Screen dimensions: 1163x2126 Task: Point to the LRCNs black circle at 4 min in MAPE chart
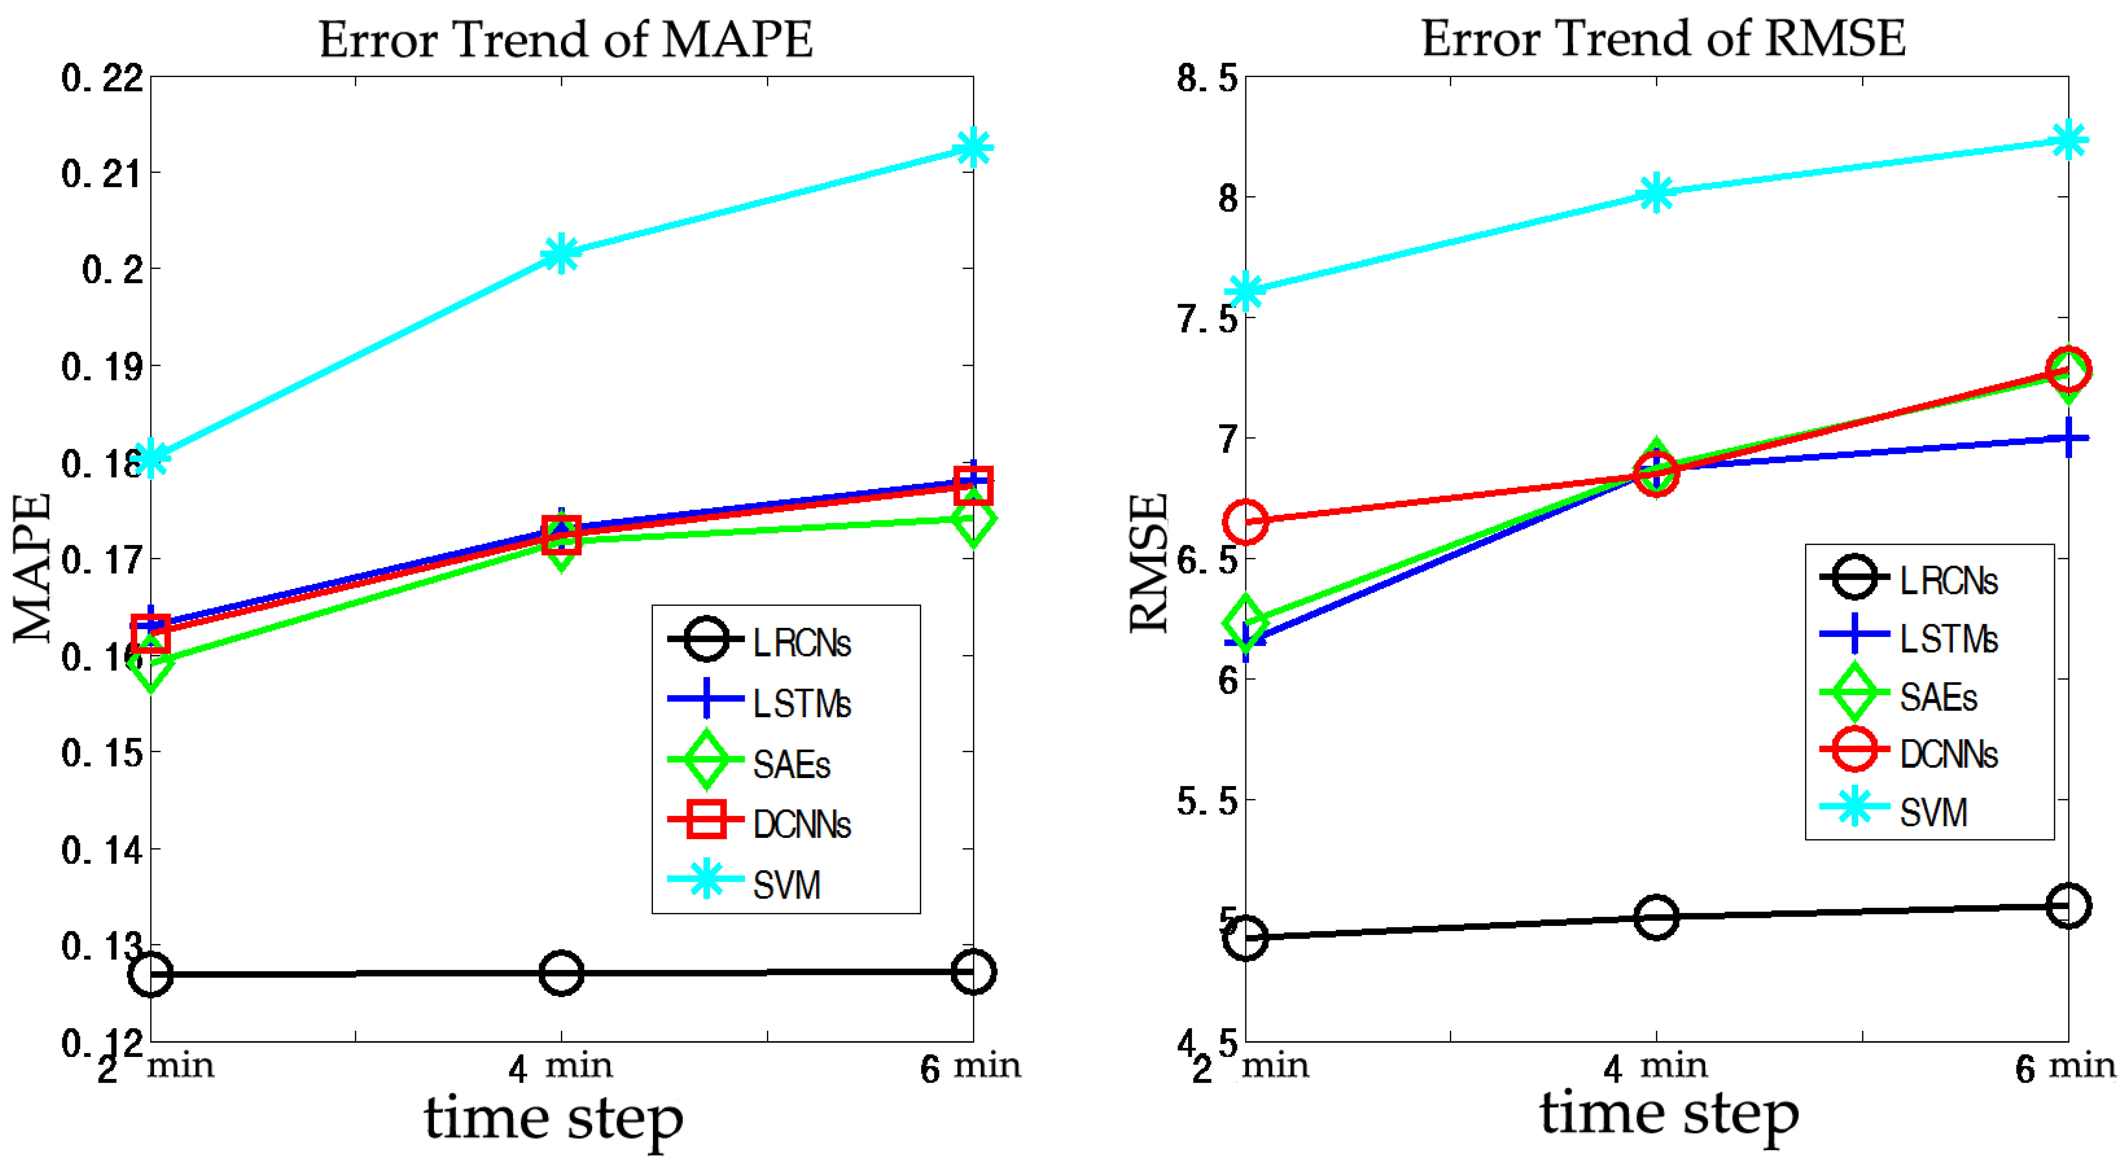click(x=561, y=973)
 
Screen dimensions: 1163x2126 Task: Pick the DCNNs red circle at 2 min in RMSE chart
click(x=1245, y=521)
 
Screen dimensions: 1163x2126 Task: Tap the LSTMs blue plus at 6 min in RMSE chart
click(x=2068, y=438)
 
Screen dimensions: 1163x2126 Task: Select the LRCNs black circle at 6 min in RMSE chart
click(x=2068, y=906)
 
